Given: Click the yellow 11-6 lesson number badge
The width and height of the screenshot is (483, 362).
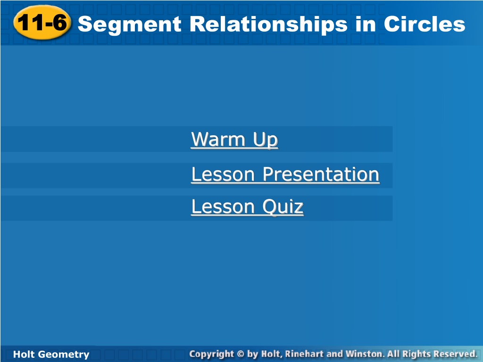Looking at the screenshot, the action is click(x=42, y=23).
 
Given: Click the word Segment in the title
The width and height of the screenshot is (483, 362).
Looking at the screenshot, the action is click(x=129, y=25).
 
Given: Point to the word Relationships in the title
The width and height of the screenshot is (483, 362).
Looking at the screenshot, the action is click(x=268, y=25).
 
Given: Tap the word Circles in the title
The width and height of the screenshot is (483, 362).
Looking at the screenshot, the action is click(x=424, y=24).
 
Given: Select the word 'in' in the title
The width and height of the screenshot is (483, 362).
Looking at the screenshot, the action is click(x=366, y=24).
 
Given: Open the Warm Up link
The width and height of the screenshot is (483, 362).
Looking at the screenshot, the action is click(x=234, y=140).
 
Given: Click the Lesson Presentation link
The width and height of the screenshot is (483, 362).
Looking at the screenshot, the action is click(x=285, y=174).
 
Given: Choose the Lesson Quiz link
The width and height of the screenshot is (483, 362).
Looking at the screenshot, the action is click(x=247, y=206).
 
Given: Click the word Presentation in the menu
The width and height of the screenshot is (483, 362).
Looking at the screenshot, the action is click(x=321, y=174).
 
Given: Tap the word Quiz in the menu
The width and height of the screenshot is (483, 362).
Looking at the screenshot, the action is click(x=283, y=206).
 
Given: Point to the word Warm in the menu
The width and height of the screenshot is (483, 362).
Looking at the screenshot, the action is click(x=218, y=139).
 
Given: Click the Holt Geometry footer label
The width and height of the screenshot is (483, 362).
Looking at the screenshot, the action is click(x=51, y=354).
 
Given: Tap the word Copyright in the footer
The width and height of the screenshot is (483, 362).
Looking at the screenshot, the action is click(x=212, y=354).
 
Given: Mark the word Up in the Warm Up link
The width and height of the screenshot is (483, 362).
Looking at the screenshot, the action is click(x=266, y=140).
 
